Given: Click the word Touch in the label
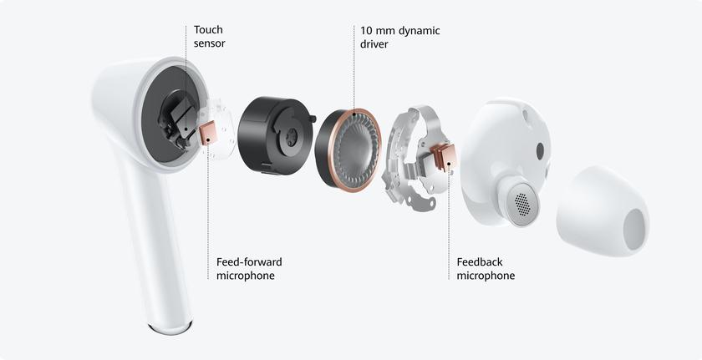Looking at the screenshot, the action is coord(208,30).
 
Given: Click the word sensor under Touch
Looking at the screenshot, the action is coord(209,43).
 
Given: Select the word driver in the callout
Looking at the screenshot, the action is coord(374,45).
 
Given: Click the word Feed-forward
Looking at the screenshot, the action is coord(249,261).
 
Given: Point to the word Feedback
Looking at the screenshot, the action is coord(480,261).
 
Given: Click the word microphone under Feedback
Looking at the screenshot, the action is coord(486,276).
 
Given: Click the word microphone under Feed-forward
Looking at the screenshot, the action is coord(246,276).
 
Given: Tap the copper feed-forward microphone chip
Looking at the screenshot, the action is coord(208,134).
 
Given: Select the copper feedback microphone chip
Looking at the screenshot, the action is coord(444,157).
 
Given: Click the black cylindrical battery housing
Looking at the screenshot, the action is coord(275,135).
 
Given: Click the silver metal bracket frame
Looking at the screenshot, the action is coord(415,156).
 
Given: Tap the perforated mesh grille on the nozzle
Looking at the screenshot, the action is coord(522,205).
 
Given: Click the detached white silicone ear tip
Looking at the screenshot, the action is coord(603,211).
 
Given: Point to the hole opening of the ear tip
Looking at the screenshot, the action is coord(634,230).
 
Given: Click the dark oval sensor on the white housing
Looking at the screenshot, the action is coord(540,150).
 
